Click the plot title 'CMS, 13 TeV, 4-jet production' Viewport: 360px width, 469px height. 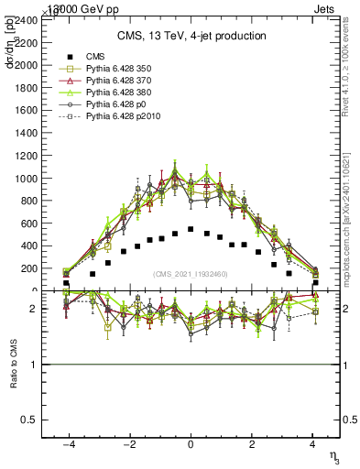click(x=191, y=36)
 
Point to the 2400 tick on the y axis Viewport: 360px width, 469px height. click(x=26, y=18)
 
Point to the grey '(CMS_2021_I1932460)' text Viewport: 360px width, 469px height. click(x=191, y=274)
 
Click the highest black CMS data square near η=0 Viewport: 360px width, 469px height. click(x=191, y=229)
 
